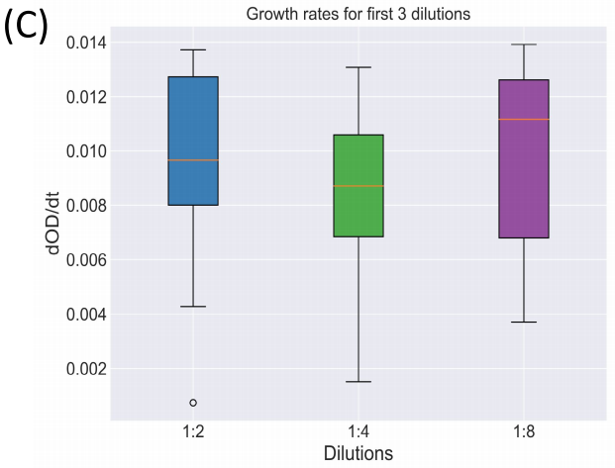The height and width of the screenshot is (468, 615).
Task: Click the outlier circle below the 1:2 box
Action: coord(193,403)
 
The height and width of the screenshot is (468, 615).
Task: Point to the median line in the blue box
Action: coord(193,160)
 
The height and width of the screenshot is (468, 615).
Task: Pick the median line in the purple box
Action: coord(523,119)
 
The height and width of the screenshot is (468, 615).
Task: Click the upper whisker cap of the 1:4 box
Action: coord(358,67)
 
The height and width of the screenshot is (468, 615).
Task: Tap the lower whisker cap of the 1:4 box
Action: coord(358,381)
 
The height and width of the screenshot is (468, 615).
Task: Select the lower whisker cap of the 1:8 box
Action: coord(523,322)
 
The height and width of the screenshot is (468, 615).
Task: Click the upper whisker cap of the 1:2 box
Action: coord(193,49)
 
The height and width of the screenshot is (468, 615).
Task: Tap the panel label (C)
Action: coord(25,24)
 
